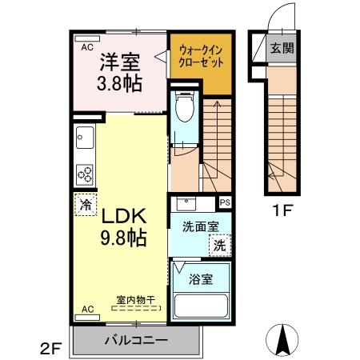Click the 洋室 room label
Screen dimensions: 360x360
(x=119, y=61)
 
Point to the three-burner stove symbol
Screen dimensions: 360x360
(x=85, y=174)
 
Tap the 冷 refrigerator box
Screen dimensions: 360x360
(x=84, y=204)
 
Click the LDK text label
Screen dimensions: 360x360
(x=122, y=215)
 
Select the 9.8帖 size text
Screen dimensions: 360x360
(x=122, y=238)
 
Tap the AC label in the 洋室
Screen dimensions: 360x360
(x=86, y=47)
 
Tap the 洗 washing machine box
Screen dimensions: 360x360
(x=219, y=246)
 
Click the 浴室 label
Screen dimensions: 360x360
(x=199, y=281)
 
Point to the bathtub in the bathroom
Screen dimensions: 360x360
(x=201, y=306)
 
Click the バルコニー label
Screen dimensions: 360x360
(x=135, y=340)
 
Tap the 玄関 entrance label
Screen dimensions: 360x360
(x=281, y=48)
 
